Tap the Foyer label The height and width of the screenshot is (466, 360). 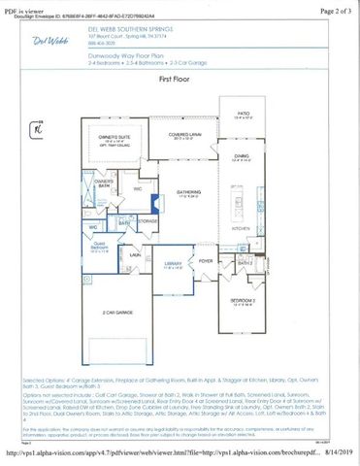tap(206, 260)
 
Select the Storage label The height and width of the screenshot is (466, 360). tap(147, 220)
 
